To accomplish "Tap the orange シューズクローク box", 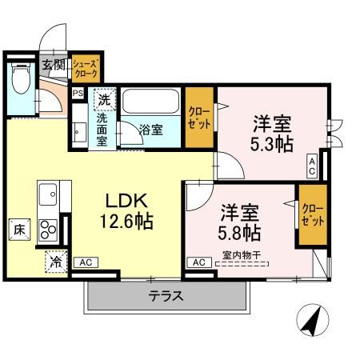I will point(86,67).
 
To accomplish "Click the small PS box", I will point(78,94).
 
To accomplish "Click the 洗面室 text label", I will point(103,128).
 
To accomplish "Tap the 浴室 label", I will point(151,128).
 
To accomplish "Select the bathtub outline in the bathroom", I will point(152,102).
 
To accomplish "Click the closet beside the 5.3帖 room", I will point(198,118).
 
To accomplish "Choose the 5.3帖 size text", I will point(272,144).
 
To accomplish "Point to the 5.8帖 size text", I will point(239,233).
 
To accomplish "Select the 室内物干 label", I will point(241,255).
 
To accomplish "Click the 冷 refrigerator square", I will point(57,260).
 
